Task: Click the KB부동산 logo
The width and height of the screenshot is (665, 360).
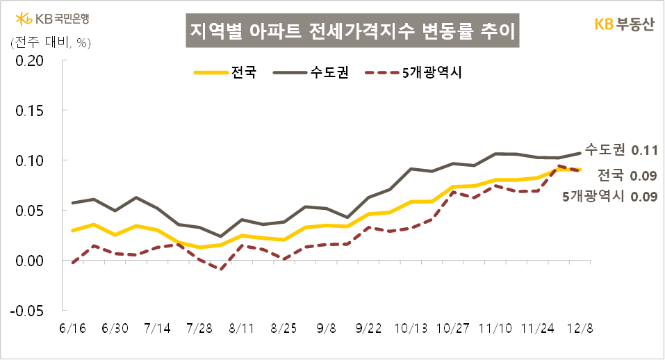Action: coord(624,24)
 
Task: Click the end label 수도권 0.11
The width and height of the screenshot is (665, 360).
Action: coord(621,149)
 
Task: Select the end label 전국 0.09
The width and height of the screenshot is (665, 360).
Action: coord(627,174)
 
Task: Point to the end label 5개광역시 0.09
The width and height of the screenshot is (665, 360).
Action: coord(609,196)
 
